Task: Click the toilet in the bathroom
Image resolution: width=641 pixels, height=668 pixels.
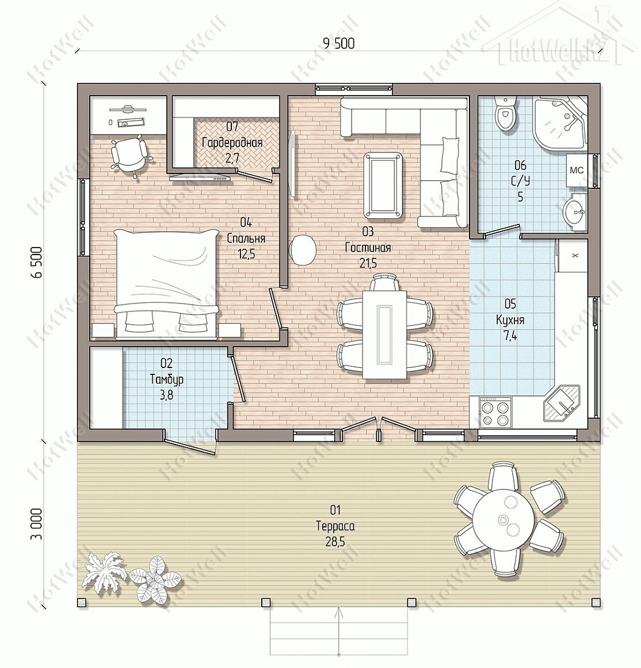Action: (x=506, y=113)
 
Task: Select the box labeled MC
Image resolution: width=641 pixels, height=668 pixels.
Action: (x=577, y=170)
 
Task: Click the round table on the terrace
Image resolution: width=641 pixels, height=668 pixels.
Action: (x=503, y=521)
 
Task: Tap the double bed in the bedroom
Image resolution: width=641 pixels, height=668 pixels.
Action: (x=166, y=284)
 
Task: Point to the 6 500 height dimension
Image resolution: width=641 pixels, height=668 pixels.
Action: (x=37, y=261)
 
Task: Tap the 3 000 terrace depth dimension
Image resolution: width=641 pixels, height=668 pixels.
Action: (x=37, y=523)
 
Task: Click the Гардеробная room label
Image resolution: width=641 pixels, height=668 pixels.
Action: (x=232, y=142)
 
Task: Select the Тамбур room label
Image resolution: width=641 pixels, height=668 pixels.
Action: (x=166, y=379)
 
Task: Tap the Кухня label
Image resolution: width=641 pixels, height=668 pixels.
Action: (x=510, y=320)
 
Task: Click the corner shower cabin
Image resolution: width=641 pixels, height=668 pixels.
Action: (x=560, y=123)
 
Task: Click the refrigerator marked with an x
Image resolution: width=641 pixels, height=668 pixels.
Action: (x=574, y=255)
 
